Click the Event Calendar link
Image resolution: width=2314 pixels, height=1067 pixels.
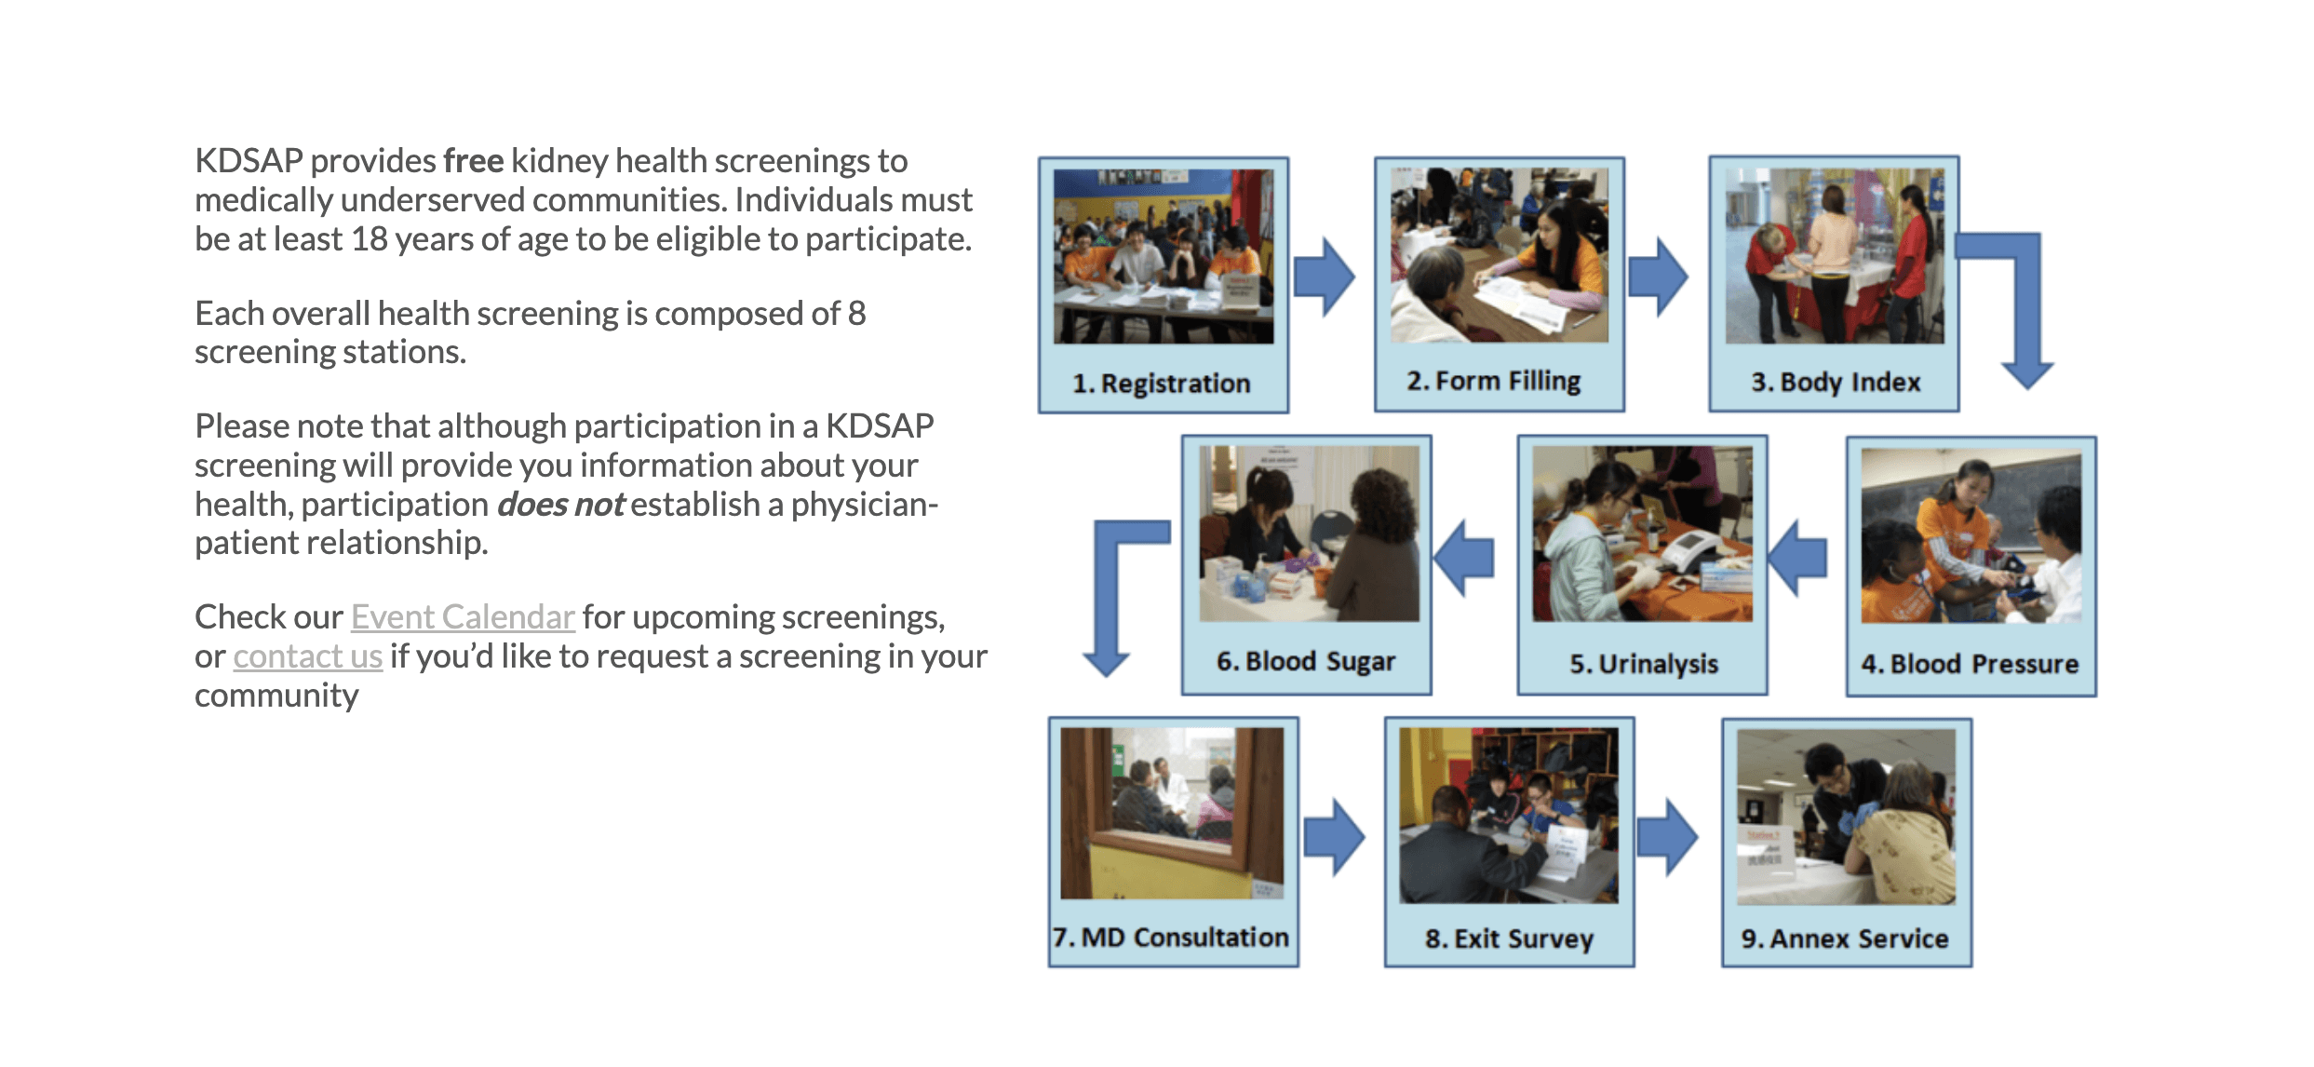463,617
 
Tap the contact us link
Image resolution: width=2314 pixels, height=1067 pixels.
307,656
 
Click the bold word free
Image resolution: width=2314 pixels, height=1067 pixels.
473,161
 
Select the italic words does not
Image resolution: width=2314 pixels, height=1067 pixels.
560,505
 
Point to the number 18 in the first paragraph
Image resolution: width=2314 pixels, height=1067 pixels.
369,239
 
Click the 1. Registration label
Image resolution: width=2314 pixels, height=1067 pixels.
1161,384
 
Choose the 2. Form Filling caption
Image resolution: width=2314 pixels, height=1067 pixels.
1494,381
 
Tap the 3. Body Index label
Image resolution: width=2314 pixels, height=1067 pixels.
1836,382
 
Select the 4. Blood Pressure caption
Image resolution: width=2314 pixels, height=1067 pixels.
1970,664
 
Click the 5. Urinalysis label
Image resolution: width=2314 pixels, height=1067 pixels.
1644,664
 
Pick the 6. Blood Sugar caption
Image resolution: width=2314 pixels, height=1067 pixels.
1306,661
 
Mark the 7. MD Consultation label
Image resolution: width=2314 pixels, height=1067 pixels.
1171,937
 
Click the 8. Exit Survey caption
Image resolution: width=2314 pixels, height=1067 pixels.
1509,939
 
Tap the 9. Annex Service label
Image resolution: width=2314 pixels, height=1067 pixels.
1845,939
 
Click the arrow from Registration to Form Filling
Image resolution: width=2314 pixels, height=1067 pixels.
1324,277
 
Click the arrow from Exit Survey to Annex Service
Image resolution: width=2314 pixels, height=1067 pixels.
1667,836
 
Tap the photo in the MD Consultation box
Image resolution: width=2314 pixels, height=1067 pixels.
1172,813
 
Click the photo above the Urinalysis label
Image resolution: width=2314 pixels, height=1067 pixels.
1643,533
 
